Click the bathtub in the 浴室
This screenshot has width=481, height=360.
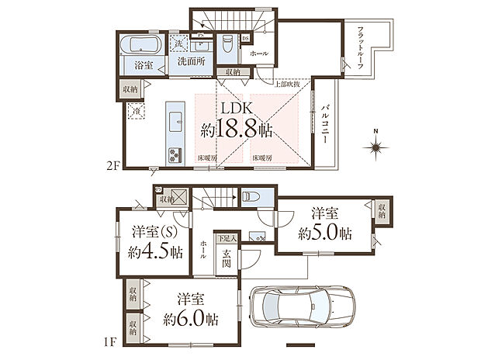[140, 43]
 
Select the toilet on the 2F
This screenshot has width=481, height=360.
[227, 44]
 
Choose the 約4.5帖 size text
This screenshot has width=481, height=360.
[156, 252]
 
